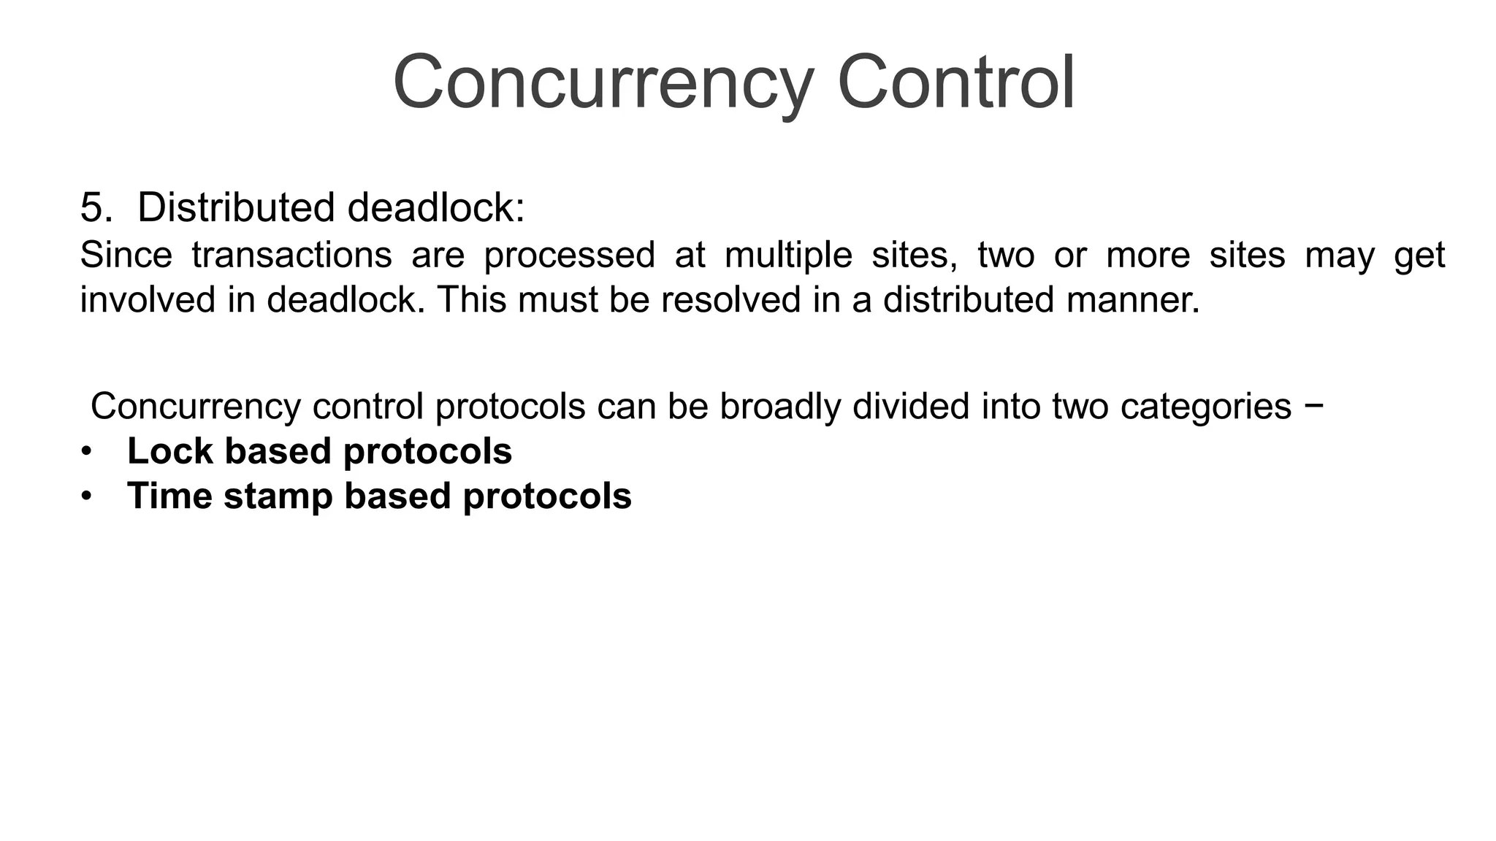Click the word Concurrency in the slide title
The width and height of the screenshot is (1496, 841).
(603, 82)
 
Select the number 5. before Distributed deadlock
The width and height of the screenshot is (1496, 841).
(96, 207)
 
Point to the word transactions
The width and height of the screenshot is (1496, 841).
(291, 256)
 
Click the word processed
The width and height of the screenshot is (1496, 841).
(569, 256)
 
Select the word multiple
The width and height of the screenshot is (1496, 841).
(788, 256)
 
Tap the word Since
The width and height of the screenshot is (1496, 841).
(126, 256)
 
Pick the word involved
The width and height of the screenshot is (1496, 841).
(148, 300)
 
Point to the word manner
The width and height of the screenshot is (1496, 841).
(1132, 300)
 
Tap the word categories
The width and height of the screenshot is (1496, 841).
(1205, 407)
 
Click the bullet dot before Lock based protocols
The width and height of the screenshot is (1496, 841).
(87, 452)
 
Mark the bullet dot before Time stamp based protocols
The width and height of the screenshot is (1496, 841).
(87, 496)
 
